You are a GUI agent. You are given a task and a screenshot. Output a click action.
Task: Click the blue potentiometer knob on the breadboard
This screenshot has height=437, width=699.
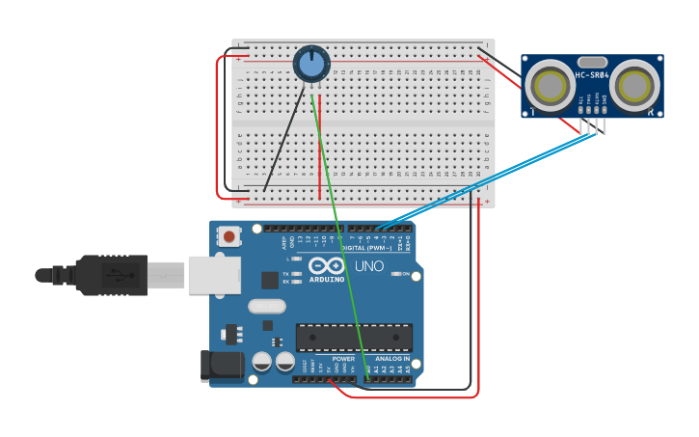pos(311,65)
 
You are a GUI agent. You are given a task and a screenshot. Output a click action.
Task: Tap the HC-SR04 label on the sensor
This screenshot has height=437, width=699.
pos(592,75)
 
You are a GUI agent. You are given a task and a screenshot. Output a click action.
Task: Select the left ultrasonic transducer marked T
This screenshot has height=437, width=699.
pos(551,86)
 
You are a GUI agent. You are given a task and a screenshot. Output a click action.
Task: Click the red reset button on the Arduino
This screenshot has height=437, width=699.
pos(229,235)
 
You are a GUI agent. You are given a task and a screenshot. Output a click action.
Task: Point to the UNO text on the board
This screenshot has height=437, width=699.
pos(369,266)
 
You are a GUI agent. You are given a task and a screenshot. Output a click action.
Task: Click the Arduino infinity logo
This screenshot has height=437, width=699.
pos(326,265)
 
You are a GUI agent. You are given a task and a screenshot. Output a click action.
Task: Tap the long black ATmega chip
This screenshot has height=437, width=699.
pos(354,338)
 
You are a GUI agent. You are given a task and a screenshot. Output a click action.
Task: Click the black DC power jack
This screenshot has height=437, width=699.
pos(220,365)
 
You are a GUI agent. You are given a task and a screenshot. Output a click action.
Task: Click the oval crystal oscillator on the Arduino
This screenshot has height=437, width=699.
pos(267,307)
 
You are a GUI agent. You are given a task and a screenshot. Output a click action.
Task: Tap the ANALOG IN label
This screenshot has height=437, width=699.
pos(392,358)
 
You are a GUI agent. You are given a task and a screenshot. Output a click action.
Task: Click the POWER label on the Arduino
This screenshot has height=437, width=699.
pos(343,358)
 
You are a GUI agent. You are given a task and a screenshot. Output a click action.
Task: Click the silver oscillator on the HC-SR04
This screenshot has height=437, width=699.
pos(592,62)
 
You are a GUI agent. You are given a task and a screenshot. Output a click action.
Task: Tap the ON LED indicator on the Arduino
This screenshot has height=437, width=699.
pos(396,274)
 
